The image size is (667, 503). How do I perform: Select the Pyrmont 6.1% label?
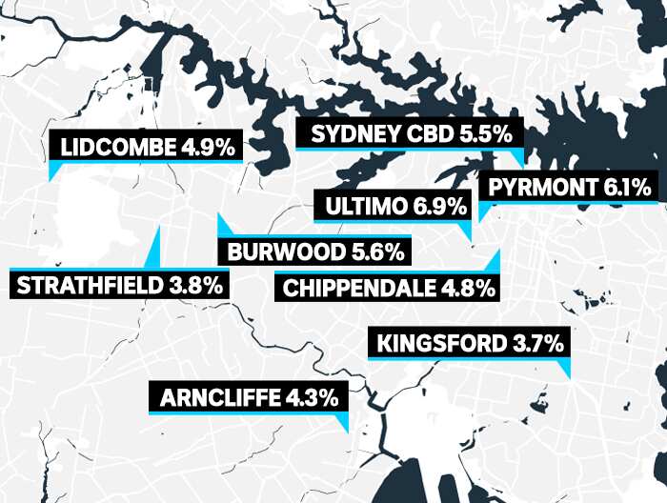pyautogui.click(x=570, y=187)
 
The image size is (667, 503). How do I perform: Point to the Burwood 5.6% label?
pyautogui.click(x=314, y=252)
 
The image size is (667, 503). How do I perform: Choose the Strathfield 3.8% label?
pyautogui.click(x=120, y=284)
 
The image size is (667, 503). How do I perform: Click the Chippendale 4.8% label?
pyautogui.click(x=389, y=288)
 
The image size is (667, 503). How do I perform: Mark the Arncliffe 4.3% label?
pyautogui.click(x=249, y=398)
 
